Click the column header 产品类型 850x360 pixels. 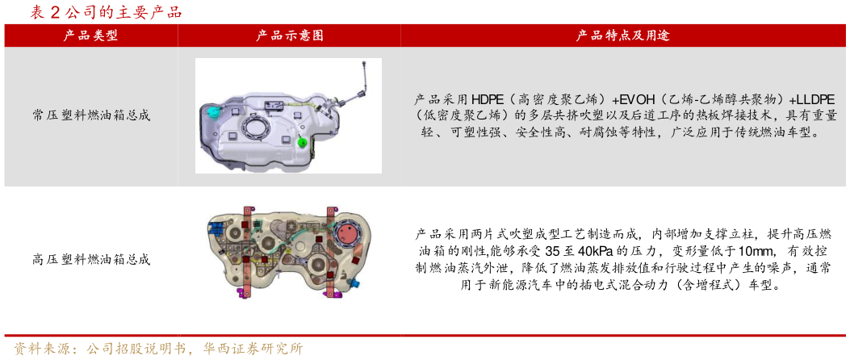pos(91,36)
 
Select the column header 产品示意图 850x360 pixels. pos(290,36)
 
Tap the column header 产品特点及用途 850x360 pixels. pos(622,36)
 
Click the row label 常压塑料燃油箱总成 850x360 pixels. pos(91,115)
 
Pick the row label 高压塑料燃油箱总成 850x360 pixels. pos(91,260)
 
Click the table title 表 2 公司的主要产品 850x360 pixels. pos(106,12)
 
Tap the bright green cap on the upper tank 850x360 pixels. pos(302,142)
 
